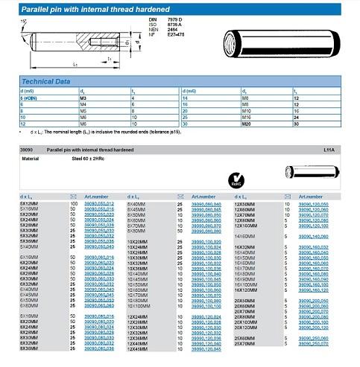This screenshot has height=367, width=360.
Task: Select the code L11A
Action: click(x=329, y=150)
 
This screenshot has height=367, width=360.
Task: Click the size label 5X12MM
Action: click(x=29, y=203)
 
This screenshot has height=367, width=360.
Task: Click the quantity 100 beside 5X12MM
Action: click(x=74, y=203)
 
